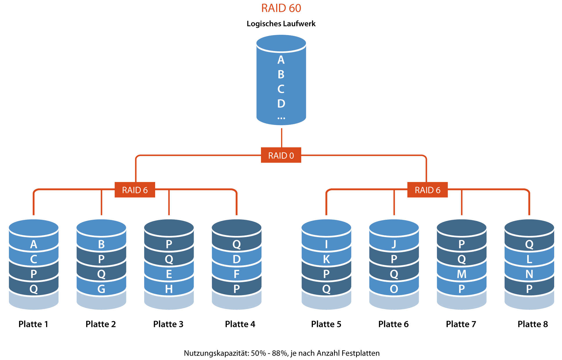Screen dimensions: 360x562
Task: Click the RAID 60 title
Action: click(281, 8)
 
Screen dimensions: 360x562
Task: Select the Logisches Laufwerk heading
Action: click(281, 24)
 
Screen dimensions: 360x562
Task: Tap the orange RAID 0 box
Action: click(281, 155)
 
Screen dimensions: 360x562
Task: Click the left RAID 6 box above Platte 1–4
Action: click(135, 190)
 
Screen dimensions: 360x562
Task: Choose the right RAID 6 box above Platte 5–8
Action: click(427, 190)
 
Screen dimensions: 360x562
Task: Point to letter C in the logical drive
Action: click(281, 89)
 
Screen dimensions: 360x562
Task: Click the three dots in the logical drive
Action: click(281, 118)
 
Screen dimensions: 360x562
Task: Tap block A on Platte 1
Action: click(34, 244)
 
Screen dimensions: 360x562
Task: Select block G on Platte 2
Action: click(101, 289)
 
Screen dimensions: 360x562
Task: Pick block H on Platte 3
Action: click(169, 289)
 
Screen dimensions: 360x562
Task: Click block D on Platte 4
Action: click(237, 259)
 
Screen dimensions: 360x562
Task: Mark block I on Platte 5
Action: click(326, 244)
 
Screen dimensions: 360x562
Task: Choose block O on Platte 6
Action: click(394, 289)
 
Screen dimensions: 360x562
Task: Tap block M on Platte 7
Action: click(461, 274)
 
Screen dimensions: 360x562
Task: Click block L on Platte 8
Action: click(529, 259)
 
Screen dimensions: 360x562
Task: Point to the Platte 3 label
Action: click(168, 324)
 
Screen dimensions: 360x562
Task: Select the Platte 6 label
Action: click(394, 324)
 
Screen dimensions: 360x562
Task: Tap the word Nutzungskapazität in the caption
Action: click(216, 353)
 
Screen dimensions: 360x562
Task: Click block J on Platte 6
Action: click(394, 244)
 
